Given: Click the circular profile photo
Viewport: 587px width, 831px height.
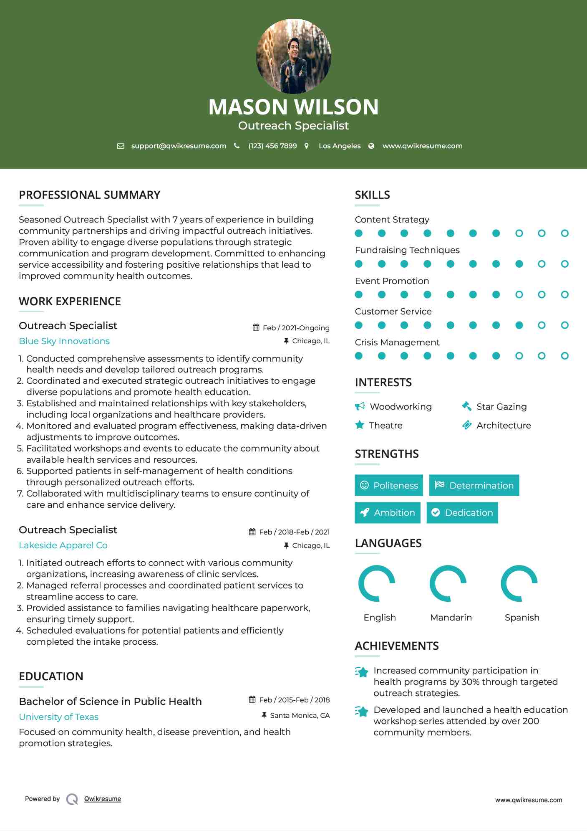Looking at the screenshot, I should (x=293, y=56).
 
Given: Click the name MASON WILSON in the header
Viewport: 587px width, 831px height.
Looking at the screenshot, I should (x=293, y=107).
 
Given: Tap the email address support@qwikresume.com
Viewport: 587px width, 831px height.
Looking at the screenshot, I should (x=179, y=146).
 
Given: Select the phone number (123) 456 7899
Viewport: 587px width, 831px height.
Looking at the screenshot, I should (x=272, y=146).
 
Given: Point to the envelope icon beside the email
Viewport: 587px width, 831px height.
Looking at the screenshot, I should (x=121, y=146).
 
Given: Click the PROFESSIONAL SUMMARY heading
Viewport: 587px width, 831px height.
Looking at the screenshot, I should (x=90, y=195).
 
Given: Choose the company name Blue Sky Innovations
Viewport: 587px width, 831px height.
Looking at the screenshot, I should (x=64, y=341).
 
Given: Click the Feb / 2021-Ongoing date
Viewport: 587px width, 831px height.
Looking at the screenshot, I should (x=296, y=328).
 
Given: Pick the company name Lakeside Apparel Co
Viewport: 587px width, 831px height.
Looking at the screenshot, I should (x=63, y=545).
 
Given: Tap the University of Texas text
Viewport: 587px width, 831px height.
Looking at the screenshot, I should (x=59, y=717).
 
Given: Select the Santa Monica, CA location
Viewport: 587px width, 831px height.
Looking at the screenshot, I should (x=300, y=716).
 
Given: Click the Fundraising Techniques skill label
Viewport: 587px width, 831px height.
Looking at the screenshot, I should (x=407, y=250).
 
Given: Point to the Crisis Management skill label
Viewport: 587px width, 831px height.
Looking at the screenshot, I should (x=397, y=342).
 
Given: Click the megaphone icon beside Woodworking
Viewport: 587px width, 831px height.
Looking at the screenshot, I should (x=360, y=406).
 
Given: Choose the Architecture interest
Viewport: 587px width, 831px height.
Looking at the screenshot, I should (x=504, y=426).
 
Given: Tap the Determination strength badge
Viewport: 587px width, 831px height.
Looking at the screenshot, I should (x=474, y=485).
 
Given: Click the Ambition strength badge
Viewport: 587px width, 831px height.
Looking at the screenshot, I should (x=387, y=513).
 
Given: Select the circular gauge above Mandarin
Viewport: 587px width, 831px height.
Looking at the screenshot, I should (x=448, y=583).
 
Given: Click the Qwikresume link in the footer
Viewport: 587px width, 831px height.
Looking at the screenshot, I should (x=103, y=799).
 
